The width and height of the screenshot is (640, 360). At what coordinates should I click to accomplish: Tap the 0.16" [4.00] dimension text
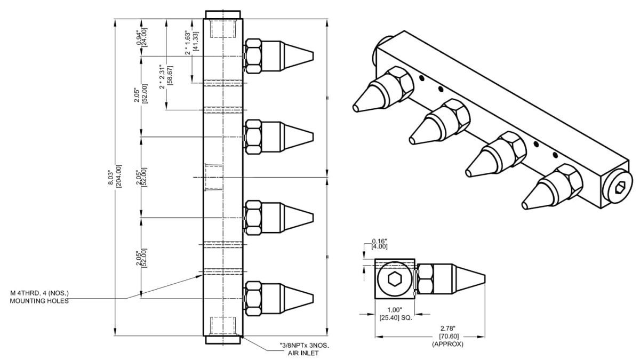coord(379,243)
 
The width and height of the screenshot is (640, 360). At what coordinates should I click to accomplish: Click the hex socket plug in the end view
coord(394,278)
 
